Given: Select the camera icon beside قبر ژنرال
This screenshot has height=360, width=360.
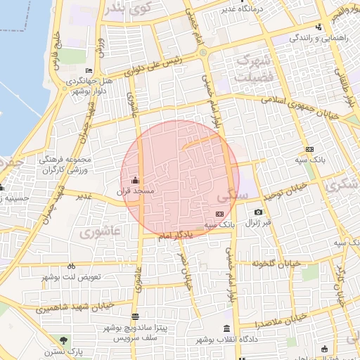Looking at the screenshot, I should pyautogui.click(x=259, y=212).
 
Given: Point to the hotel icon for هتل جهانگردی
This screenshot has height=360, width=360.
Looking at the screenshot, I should pyautogui.click(x=89, y=71).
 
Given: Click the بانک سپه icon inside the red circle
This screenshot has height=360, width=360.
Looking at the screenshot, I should pyautogui.click(x=219, y=213).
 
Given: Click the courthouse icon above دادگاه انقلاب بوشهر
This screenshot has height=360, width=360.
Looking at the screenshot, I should pyautogui.click(x=226, y=328).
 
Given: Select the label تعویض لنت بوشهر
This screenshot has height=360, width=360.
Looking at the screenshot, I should pyautogui.click(x=72, y=276).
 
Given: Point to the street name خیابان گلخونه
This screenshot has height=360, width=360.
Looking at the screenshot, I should pyautogui.click(x=277, y=263).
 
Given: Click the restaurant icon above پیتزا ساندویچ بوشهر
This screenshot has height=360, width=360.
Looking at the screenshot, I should pyautogui.click(x=135, y=317).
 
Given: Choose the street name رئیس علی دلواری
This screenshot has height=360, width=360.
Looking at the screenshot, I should pyautogui.click(x=154, y=65).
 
